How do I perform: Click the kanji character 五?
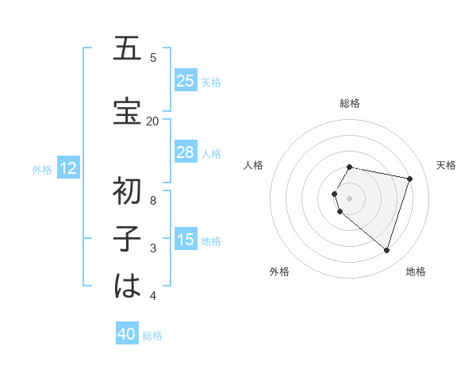coord(127,49)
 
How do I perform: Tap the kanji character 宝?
coord(127,112)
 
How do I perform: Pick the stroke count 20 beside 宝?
coord(152,121)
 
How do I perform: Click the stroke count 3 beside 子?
coord(152,248)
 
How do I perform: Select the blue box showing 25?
coord(185,81)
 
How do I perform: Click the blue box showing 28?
coord(185,152)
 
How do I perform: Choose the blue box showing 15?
coord(185,240)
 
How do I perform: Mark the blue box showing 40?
coord(127,335)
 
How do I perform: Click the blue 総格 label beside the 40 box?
coord(152,336)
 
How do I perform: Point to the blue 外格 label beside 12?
coord(42,169)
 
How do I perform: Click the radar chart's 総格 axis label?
coord(350,103)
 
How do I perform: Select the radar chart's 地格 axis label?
coord(416,271)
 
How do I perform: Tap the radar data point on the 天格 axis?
coord(409,179)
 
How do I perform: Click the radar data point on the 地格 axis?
coord(386,251)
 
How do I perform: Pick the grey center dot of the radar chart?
coord(350,198)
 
